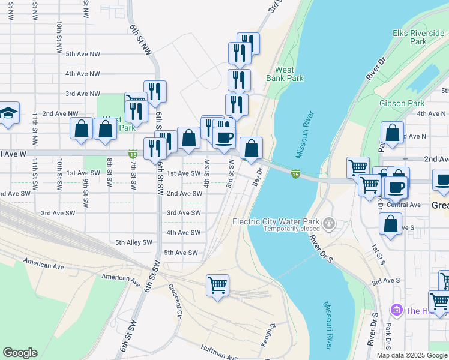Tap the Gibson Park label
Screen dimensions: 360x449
402,103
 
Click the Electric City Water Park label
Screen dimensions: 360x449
274,221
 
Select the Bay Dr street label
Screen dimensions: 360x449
258,176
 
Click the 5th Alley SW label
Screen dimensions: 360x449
134,242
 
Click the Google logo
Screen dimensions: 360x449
20,353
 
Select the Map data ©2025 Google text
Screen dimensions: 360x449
412,355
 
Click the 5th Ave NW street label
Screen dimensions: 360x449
83,54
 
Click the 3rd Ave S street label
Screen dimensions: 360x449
385,280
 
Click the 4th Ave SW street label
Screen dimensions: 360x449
183,233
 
